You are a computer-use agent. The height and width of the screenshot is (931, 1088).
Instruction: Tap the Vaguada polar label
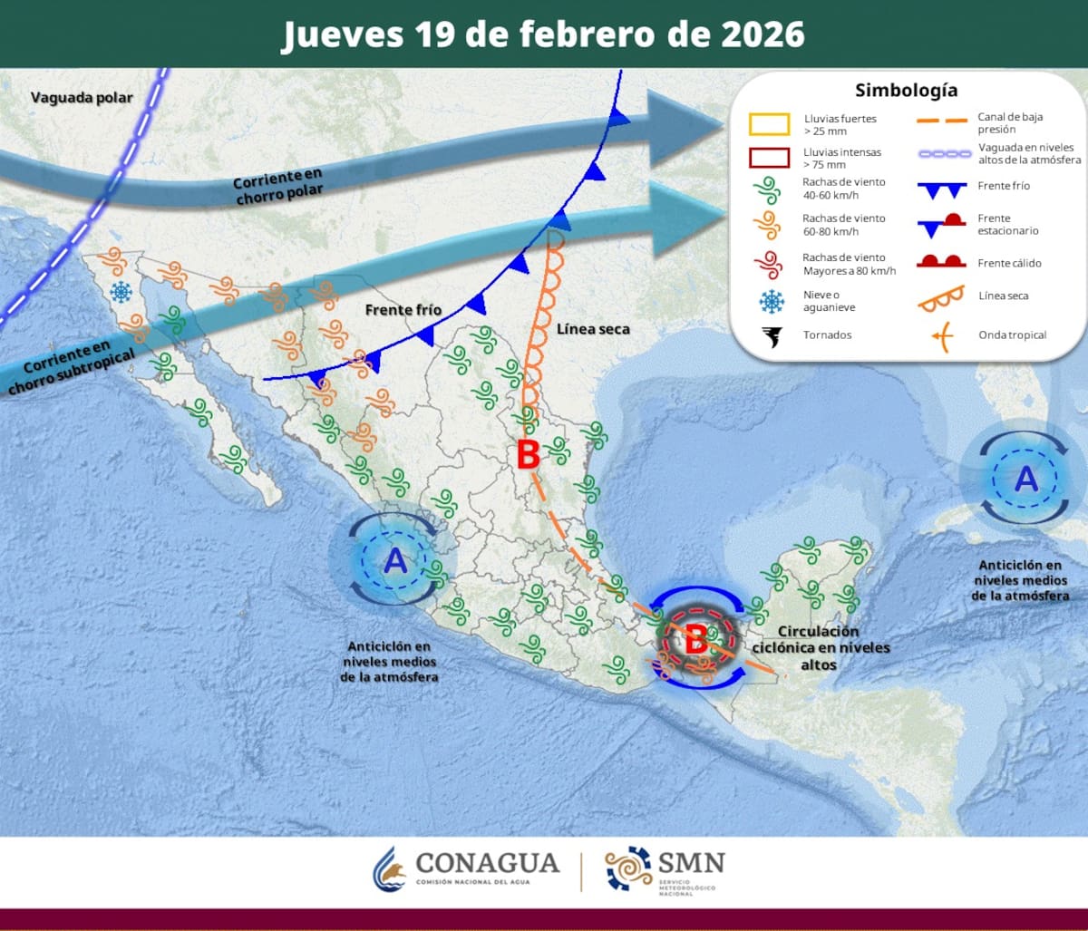point(82,97)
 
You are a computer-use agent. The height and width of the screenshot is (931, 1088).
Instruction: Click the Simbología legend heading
point(906,91)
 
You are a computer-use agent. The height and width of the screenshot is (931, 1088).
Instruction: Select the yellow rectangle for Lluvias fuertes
point(769,124)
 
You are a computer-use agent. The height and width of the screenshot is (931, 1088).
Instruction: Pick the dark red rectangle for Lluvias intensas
point(769,158)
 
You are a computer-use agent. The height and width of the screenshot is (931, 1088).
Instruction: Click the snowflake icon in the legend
point(772,300)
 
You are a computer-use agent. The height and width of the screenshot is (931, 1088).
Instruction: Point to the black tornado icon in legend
point(772,335)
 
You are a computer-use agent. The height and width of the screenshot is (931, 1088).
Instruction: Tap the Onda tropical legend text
point(1012,335)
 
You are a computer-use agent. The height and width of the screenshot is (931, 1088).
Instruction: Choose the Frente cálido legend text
point(1009,263)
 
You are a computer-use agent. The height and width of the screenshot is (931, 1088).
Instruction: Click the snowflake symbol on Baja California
point(120,292)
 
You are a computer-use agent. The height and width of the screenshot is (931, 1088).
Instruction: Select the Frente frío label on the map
point(403,310)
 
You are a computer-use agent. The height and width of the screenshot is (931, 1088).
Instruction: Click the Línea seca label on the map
point(593,328)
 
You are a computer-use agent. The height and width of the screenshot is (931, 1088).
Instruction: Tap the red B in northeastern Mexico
point(528,455)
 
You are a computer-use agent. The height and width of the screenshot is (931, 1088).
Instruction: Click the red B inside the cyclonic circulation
point(695,640)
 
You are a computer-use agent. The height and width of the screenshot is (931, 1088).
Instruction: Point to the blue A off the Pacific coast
point(395,561)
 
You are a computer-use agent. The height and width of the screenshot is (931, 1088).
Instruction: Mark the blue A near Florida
point(1025,478)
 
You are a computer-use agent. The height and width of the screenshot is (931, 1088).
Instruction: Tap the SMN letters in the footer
point(693,862)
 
